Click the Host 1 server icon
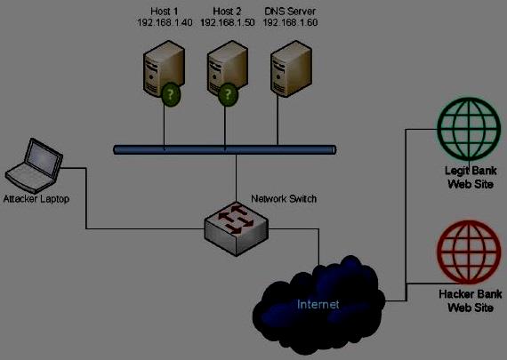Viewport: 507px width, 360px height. point(164,68)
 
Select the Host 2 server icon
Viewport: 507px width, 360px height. point(228,68)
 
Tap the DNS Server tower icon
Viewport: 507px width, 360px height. point(291,68)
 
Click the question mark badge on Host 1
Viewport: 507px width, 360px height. point(171,95)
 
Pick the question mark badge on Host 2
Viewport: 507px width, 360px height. point(228,95)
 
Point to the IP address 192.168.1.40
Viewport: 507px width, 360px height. point(165,22)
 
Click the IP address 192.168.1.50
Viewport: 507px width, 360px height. point(228,22)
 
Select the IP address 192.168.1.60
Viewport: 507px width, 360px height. point(290,22)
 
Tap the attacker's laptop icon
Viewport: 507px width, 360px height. point(34,165)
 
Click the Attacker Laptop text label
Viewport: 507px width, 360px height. point(36,199)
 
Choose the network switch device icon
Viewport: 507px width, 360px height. point(237,228)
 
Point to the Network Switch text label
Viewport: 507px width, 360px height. point(284,198)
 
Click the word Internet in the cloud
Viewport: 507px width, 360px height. point(318,304)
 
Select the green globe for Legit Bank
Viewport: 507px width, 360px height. point(469,129)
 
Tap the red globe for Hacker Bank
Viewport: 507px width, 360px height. point(469,252)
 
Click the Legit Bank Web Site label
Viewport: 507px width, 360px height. point(471,178)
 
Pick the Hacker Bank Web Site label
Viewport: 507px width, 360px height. point(471,300)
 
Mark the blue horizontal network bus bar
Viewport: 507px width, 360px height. point(225,150)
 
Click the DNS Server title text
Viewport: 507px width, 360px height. point(290,12)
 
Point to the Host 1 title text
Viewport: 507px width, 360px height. point(165,12)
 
